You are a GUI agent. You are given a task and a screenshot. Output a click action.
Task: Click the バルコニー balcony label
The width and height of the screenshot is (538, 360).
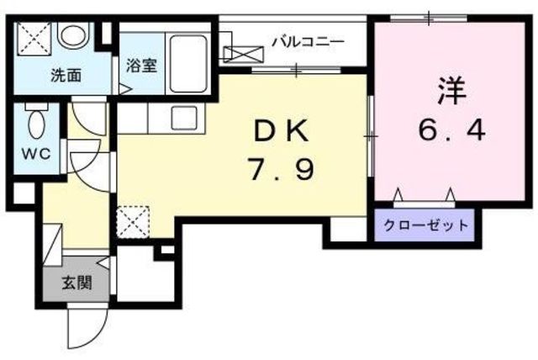click(x=308, y=43)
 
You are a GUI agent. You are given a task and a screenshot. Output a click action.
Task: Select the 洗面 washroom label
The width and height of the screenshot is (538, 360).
click(x=66, y=76)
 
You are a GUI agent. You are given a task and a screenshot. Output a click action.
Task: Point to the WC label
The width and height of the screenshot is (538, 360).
click(x=36, y=154)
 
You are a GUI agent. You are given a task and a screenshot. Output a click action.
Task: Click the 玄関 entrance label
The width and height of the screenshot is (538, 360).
click(x=76, y=283)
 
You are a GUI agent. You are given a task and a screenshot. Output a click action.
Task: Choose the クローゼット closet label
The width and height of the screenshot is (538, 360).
click(x=426, y=225)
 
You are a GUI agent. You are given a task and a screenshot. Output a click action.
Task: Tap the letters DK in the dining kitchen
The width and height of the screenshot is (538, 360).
click(x=281, y=132)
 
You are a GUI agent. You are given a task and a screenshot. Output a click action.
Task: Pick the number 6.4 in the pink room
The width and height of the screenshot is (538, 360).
click(x=452, y=130)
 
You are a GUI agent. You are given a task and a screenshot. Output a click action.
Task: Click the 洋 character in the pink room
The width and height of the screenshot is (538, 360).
click(x=452, y=92)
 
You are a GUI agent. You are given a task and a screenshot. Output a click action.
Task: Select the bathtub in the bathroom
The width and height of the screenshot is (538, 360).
click(x=188, y=63)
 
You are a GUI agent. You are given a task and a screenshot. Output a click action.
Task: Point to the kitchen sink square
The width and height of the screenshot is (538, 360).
click(x=184, y=118)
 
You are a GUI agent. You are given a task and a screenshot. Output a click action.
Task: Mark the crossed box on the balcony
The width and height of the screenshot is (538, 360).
click(x=244, y=55)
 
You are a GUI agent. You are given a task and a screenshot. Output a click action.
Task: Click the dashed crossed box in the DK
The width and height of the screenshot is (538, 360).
click(x=133, y=222)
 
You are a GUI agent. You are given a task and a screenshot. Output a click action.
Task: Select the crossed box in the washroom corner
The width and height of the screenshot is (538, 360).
click(x=34, y=39)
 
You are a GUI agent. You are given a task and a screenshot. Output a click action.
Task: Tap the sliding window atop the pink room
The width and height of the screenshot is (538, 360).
click(x=429, y=19)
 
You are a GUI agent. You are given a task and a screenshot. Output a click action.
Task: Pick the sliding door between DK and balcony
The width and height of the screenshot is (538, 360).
click(x=297, y=71)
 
